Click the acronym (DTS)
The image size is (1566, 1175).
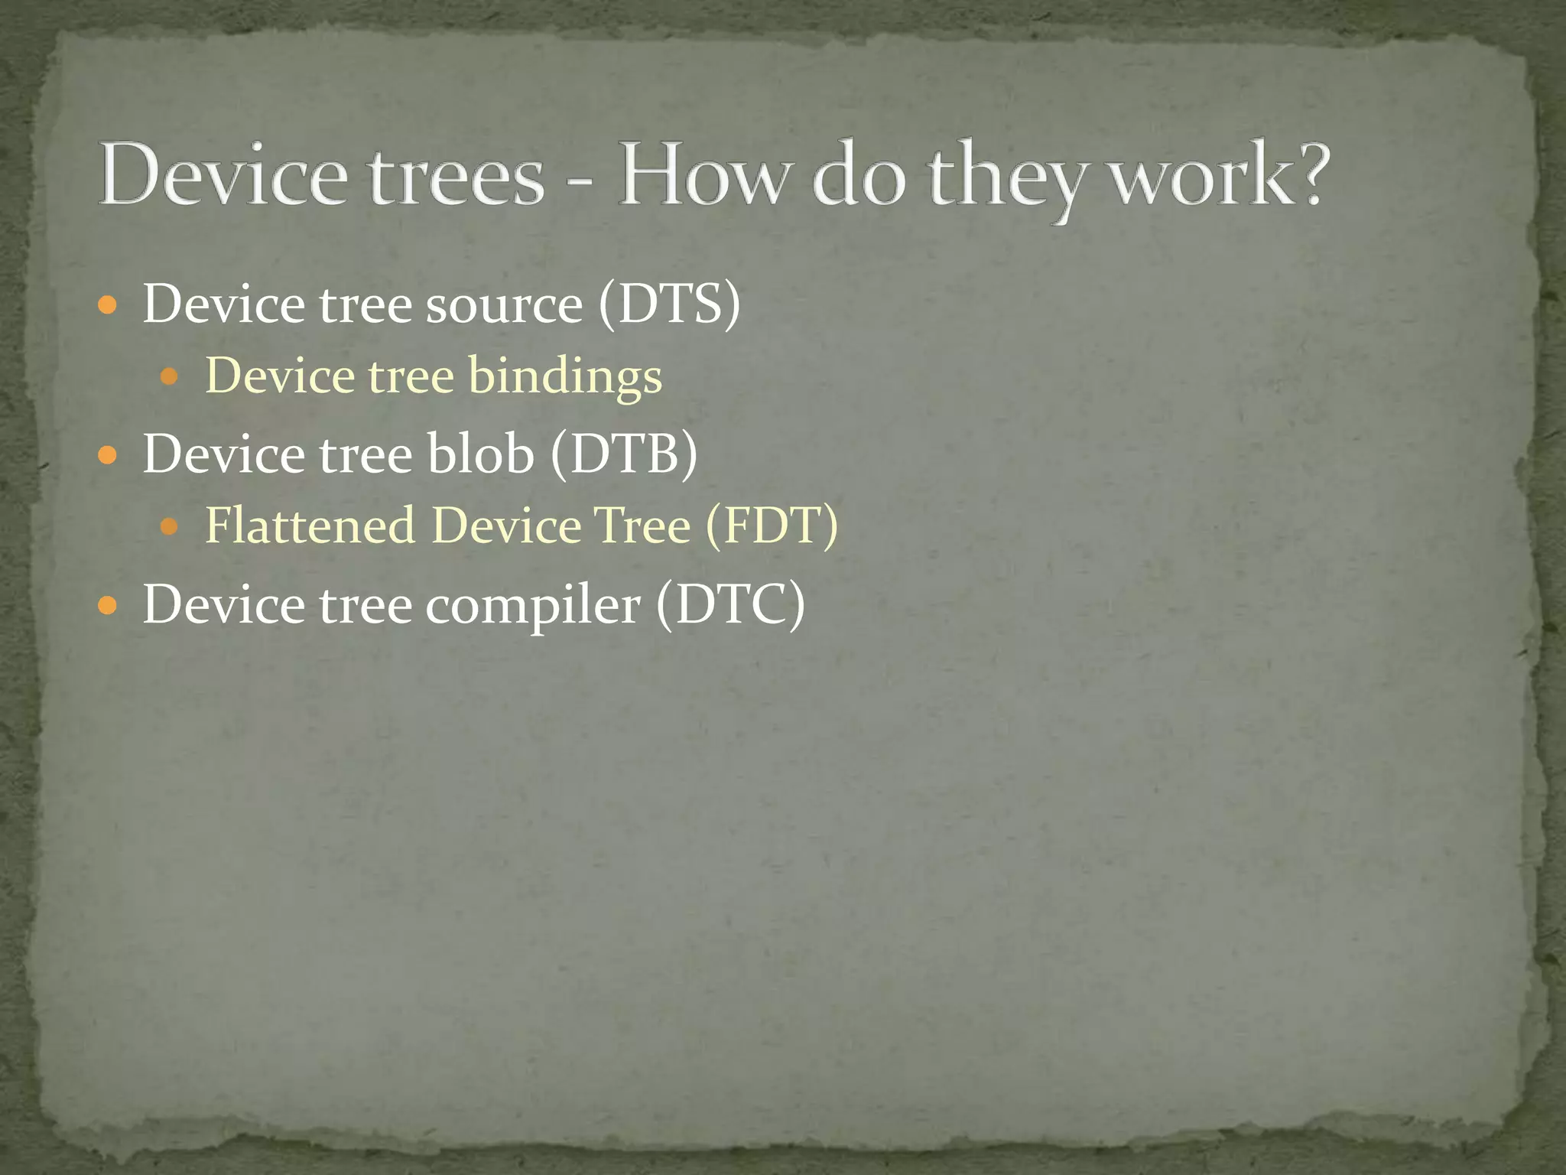[670, 304]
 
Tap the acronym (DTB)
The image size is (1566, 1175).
[623, 454]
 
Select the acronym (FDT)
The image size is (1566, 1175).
[772, 526]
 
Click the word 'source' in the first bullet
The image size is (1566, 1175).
[504, 306]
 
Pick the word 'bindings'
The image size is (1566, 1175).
[564, 378]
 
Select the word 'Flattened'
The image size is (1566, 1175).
[310, 526]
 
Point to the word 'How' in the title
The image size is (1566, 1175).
[703, 176]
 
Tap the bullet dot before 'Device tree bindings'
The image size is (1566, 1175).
[169, 377]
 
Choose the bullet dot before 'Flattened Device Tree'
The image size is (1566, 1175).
[169, 527]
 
